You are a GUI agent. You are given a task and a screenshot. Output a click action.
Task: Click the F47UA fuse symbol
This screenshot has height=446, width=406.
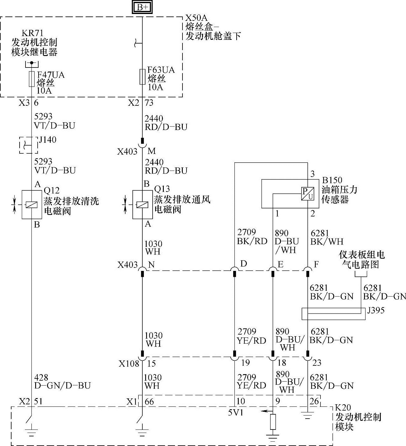pos(31,79)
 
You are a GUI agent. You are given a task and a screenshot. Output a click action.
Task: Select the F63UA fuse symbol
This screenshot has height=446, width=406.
pos(142,77)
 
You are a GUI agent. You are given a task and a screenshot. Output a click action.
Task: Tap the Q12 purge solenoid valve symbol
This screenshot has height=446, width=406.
pos(32,204)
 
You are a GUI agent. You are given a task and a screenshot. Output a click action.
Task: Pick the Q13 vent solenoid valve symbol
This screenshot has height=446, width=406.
pos(142,204)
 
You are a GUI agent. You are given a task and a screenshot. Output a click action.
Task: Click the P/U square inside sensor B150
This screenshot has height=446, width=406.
pos(307,194)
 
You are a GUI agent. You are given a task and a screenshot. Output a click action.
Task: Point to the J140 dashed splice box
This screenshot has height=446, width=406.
pos(29,145)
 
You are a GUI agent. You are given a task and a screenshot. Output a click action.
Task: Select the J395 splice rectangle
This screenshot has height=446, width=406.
pos(333,314)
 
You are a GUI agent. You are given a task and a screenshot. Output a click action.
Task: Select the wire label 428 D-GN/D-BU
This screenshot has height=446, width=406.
pos(62,382)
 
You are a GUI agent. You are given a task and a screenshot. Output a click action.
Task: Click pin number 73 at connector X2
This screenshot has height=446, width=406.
pos(149,103)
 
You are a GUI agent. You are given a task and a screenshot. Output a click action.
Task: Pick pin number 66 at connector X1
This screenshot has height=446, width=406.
pos(149,402)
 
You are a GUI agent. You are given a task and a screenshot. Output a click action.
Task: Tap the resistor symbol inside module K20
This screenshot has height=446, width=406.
pos(273,422)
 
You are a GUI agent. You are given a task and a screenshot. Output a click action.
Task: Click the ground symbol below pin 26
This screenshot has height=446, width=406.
pos(307,416)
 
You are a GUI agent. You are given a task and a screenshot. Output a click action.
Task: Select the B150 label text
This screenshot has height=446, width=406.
pos(332,180)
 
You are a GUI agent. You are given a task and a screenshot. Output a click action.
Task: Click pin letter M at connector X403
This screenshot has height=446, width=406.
pos(152,151)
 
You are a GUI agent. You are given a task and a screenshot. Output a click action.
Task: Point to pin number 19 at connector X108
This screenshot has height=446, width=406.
pos(245,363)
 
